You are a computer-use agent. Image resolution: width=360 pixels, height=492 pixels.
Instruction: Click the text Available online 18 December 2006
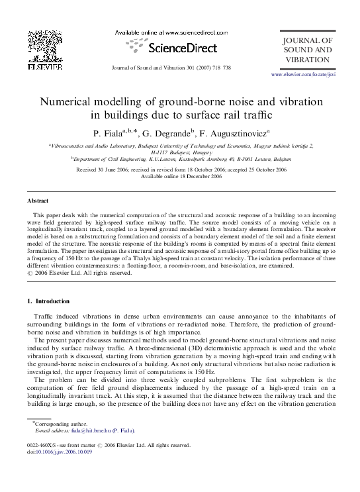click(x=180, y=176)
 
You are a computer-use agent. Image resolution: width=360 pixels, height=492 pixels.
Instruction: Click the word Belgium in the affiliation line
click(x=275, y=160)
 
